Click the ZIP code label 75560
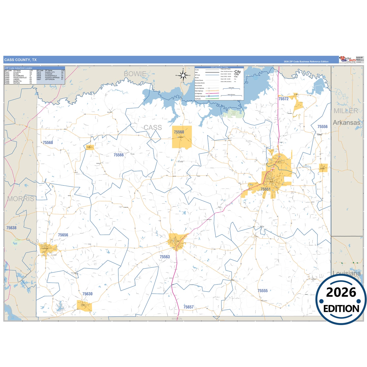pos(179,132)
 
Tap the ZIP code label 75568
pos(48,142)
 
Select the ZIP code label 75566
pos(119,155)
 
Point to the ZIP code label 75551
pos(265,189)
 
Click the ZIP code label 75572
pos(283,99)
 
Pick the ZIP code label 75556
pos(322,127)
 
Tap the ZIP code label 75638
pos(11,228)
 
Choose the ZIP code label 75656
pos(63,235)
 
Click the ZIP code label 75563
pos(165,257)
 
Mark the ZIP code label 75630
pos(87,294)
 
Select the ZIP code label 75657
pos(188,307)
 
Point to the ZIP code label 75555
pos(263,291)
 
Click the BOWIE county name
pos(135,74)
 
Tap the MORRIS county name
pos(21,199)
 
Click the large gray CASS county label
pos(153,127)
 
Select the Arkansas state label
pos(346,123)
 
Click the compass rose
pos(183,75)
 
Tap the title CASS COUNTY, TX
pos(20,60)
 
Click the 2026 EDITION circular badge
pos(341,300)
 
